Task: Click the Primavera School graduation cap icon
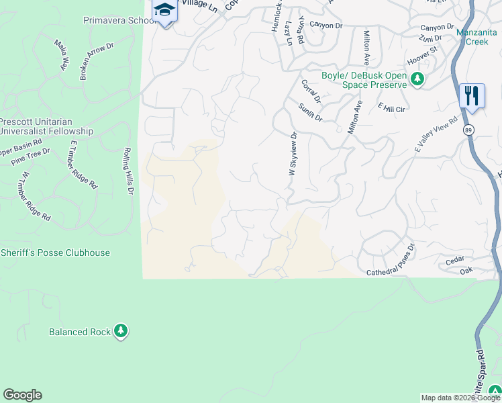(x=164, y=11)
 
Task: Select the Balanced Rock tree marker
(x=121, y=331)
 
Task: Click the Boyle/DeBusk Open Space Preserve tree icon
(x=417, y=80)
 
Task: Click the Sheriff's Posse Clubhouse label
(x=55, y=253)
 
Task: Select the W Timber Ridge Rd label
(x=36, y=197)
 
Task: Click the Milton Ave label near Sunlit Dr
(x=354, y=117)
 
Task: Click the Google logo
(x=22, y=395)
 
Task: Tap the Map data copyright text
(x=460, y=398)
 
